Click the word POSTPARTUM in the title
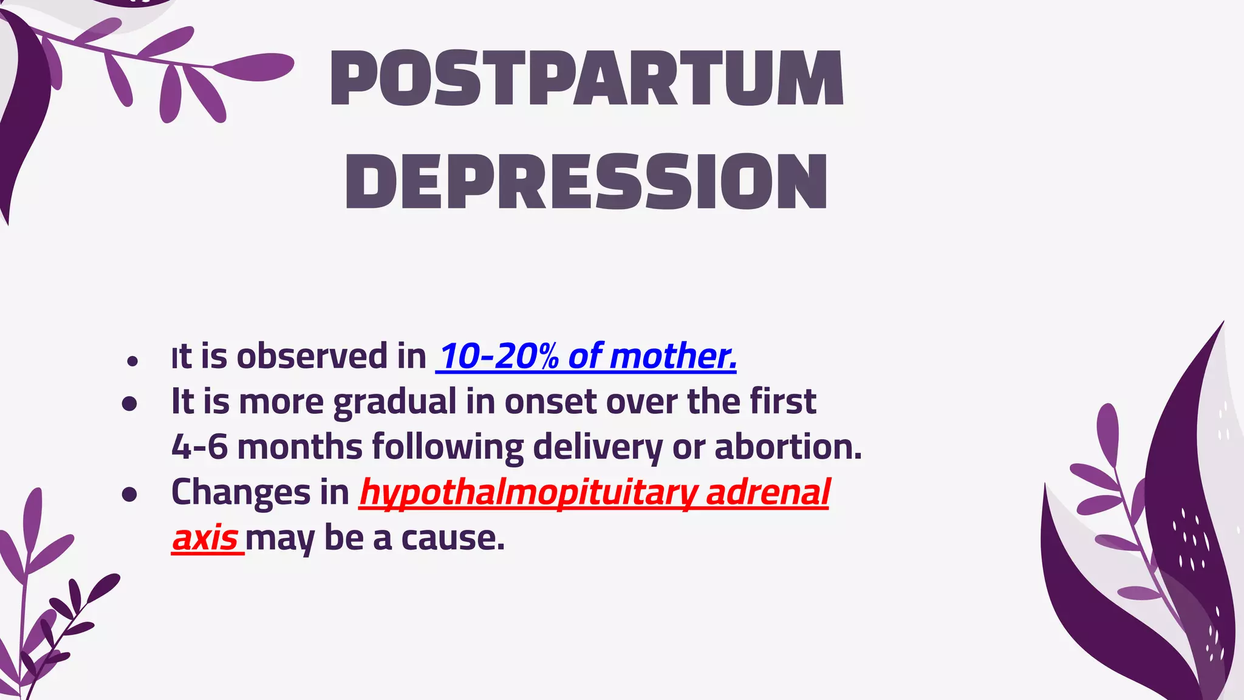click(x=587, y=79)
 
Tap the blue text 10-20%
click(x=499, y=356)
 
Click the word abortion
click(x=788, y=447)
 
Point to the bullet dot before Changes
click(x=129, y=494)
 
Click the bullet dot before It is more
click(x=129, y=403)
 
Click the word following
click(x=448, y=447)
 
